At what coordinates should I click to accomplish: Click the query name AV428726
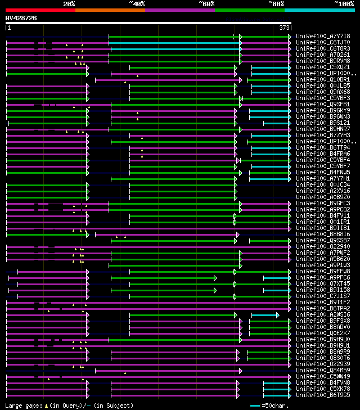21,18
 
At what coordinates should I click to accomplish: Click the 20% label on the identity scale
69,4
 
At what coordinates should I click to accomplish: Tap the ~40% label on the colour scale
136,4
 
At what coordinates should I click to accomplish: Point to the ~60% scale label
206,4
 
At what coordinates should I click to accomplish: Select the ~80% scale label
276,4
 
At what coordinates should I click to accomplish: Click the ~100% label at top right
344,4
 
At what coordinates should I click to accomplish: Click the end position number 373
285,28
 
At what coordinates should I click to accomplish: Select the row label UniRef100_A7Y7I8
323,36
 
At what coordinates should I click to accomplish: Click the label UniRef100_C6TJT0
323,42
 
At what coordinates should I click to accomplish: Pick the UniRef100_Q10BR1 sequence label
323,79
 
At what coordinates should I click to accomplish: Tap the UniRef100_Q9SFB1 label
323,104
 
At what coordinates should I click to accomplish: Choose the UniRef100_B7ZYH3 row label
323,135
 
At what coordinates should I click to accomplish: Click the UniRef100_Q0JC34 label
323,184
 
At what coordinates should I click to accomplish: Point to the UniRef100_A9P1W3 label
323,265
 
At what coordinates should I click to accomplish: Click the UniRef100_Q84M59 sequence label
323,370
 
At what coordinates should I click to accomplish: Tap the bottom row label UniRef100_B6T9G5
323,395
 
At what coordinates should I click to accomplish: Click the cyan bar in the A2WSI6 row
264,315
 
